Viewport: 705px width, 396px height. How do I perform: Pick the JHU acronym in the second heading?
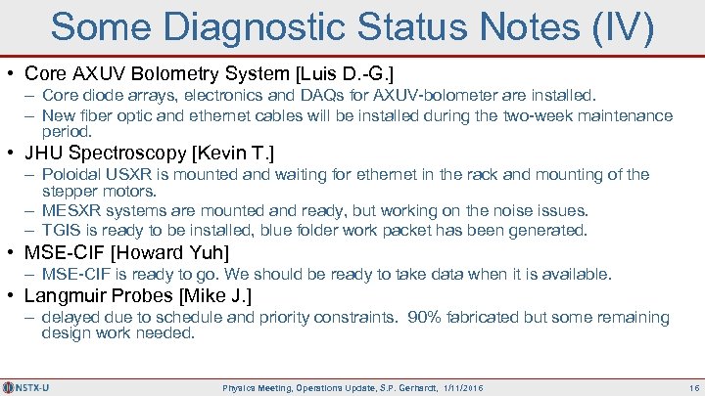pyautogui.click(x=43, y=154)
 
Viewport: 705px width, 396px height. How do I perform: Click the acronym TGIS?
pyautogui.click(x=61, y=231)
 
